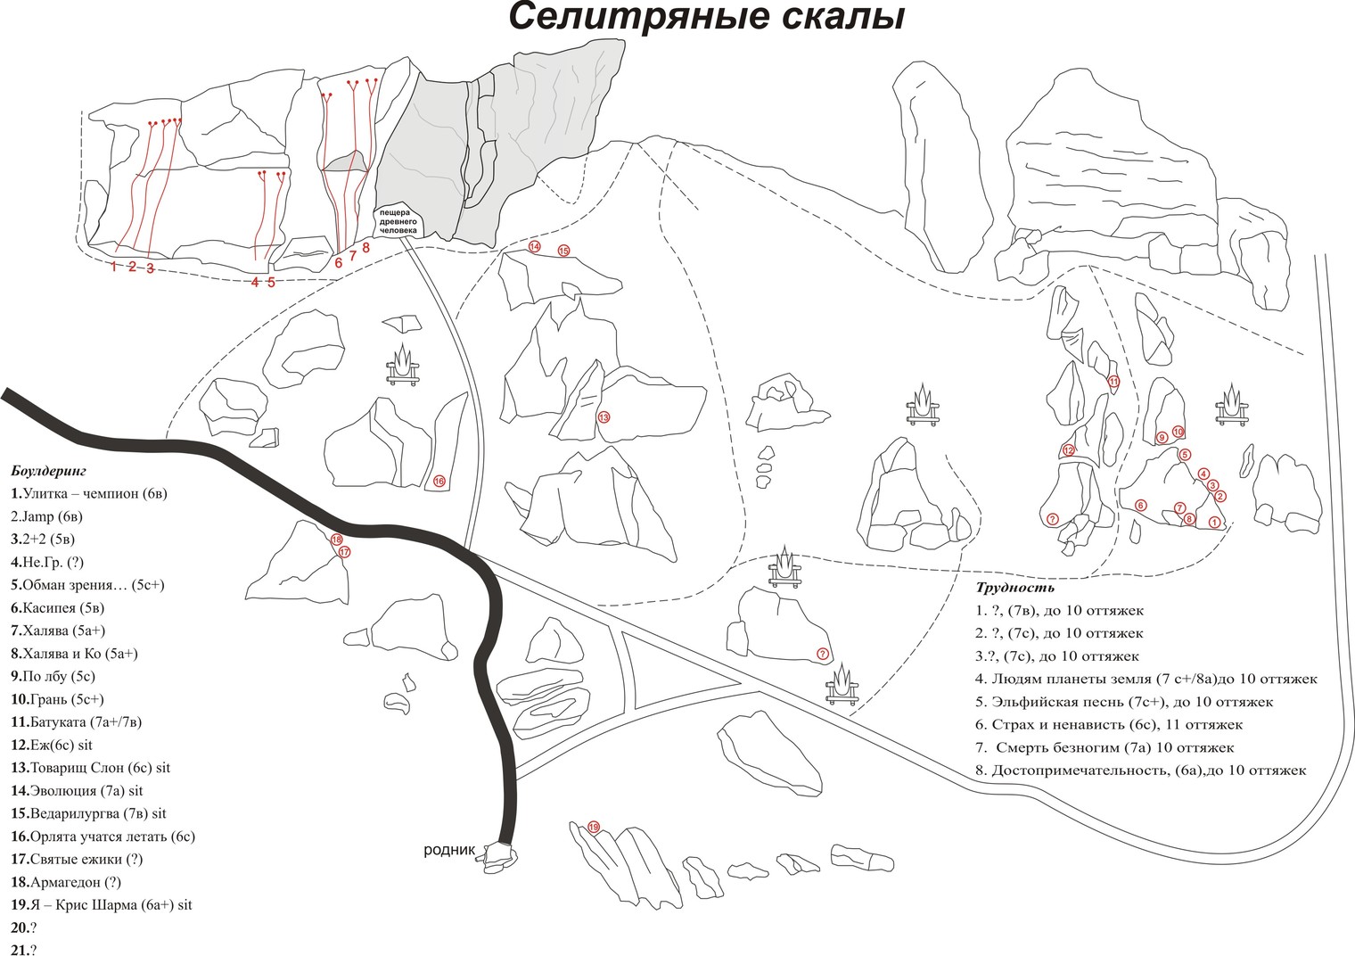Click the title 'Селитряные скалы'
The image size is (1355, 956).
[706, 18]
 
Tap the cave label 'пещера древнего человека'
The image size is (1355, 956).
[398, 221]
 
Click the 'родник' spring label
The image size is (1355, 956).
[451, 850]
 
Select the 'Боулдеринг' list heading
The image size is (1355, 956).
[49, 470]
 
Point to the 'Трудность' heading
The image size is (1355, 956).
[1015, 588]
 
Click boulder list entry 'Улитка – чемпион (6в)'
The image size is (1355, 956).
[89, 493]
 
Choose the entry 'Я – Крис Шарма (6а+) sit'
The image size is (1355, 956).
[102, 905]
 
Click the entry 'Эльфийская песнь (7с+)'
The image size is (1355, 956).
[1125, 702]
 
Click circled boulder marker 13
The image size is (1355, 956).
[604, 416]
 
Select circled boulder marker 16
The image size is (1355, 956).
[439, 482]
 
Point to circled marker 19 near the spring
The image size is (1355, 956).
[595, 827]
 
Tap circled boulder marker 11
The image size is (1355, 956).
[1113, 382]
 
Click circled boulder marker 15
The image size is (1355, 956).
[563, 251]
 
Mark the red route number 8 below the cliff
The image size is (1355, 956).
[365, 247]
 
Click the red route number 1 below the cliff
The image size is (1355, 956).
[113, 266]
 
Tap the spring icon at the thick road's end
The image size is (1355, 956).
[497, 859]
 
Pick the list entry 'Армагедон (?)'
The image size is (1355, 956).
[67, 883]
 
